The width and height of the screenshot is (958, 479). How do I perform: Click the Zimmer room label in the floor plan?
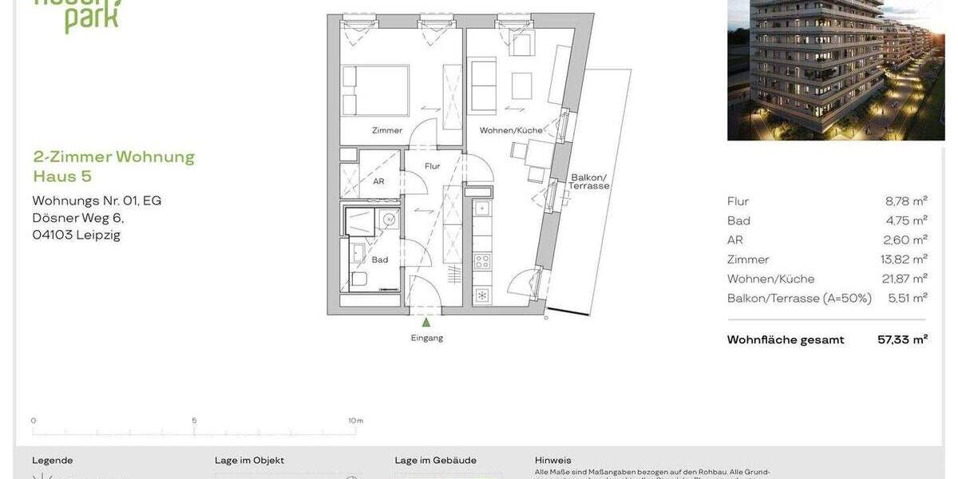point(387,130)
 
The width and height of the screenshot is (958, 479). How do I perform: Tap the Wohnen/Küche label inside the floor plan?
point(511,130)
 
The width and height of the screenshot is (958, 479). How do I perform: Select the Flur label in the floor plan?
point(432,167)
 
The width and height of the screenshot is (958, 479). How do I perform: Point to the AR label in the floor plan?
point(378,181)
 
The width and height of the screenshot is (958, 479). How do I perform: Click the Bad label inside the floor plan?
point(380,259)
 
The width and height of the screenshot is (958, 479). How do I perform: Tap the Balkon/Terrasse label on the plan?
point(589,182)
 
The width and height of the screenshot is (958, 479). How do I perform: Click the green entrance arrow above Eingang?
point(426,323)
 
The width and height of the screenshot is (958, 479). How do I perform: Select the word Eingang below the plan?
point(427,338)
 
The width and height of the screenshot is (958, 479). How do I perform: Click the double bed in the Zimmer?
point(376,91)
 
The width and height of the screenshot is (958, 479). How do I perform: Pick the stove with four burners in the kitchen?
point(482,261)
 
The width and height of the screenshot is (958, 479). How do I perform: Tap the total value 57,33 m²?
point(902,339)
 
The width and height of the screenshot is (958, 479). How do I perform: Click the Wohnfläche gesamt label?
point(786,340)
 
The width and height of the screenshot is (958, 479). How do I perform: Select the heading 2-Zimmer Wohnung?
point(114,156)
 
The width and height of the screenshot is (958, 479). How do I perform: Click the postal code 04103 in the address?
point(52,235)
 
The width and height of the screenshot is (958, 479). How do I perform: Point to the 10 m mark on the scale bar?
point(355,421)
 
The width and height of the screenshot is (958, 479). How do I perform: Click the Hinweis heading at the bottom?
point(553,461)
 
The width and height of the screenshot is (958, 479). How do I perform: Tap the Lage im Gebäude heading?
point(435,461)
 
